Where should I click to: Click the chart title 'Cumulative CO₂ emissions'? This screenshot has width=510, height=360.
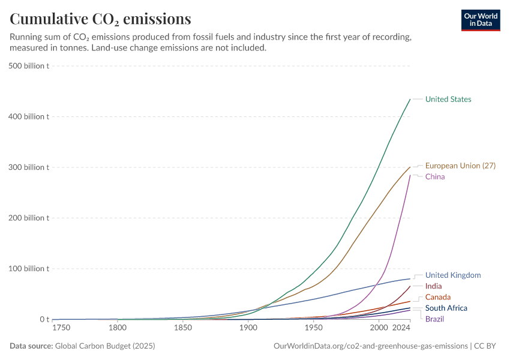(x=100, y=19)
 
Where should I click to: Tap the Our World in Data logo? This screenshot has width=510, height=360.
(x=480, y=20)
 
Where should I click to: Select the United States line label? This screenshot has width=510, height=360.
(x=448, y=100)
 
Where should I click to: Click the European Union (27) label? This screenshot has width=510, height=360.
(x=460, y=166)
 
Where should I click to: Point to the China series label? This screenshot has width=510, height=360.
(x=435, y=177)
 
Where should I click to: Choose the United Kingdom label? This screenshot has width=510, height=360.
(x=453, y=275)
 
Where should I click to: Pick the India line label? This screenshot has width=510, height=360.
(x=433, y=286)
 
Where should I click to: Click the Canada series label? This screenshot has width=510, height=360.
(x=437, y=297)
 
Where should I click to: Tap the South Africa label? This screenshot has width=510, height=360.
(x=446, y=308)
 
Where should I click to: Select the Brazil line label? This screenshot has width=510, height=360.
(x=434, y=319)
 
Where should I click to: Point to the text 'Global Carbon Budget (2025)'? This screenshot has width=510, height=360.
(x=105, y=346)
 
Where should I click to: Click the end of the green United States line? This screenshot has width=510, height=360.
(x=410, y=100)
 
